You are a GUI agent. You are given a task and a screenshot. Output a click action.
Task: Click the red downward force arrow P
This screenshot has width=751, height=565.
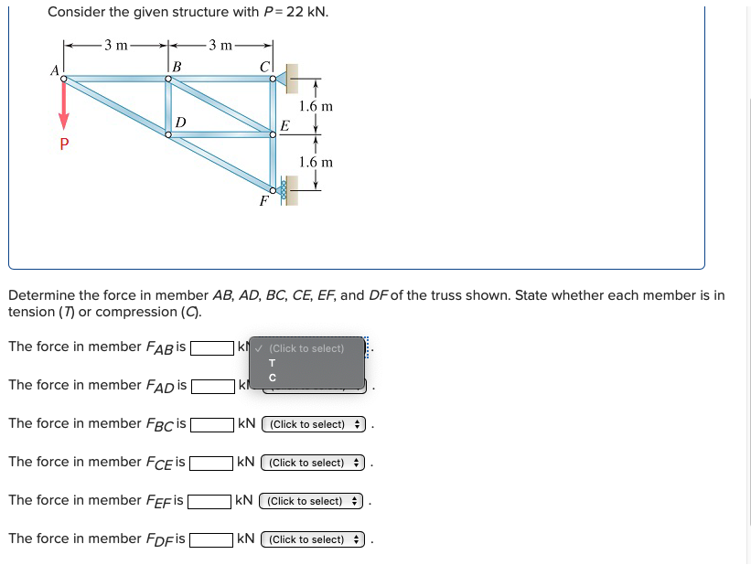click(64, 106)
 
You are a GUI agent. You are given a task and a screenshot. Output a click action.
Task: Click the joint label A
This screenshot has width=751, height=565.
click(54, 69)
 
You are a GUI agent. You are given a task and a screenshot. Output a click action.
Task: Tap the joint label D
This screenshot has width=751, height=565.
click(180, 122)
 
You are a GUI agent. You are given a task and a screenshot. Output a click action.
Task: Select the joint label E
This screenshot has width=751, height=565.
click(284, 125)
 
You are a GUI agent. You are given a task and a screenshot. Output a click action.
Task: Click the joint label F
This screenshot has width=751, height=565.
click(263, 201)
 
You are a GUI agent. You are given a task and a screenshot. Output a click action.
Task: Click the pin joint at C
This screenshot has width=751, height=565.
click(273, 79)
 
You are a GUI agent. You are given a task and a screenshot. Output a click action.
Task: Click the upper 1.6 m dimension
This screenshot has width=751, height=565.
click(316, 106)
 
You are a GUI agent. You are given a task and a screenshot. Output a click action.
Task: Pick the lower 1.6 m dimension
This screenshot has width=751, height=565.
click(316, 162)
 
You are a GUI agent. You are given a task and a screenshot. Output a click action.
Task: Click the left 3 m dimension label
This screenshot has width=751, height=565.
click(115, 44)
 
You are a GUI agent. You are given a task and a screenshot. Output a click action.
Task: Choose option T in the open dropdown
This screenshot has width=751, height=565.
click(272, 363)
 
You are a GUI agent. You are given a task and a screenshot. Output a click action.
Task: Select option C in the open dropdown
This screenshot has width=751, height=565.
click(272, 378)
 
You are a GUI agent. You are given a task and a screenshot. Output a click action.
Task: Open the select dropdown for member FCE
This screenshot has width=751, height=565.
click(313, 463)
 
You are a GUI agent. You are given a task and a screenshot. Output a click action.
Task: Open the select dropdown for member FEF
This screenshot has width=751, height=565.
click(311, 501)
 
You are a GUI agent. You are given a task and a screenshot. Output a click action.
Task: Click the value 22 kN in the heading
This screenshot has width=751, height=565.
click(306, 12)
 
